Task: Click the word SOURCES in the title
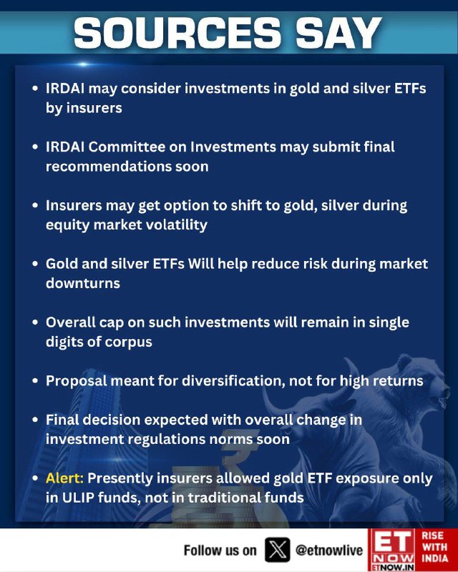point(178,33)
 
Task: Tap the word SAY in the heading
point(338,33)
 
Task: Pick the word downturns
point(83,283)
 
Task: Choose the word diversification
point(233,381)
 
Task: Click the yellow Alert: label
point(64,478)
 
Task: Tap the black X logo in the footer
point(277,550)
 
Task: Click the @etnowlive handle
point(329,550)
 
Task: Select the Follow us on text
point(220,551)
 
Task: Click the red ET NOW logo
point(391,550)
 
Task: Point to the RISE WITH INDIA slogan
point(435,547)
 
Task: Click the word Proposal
point(76,381)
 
